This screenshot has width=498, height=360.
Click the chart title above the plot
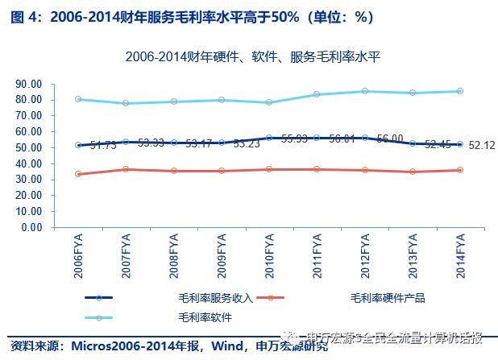coord(252,56)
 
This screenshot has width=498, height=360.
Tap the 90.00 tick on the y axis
coord(29,84)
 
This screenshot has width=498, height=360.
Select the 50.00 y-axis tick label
coord(29,147)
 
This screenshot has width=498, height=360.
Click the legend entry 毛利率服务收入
coord(216,297)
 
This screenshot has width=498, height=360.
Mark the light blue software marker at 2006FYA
coord(78,99)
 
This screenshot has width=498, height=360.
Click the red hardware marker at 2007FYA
coord(126,169)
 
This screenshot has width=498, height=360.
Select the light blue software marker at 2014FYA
coord(460,91)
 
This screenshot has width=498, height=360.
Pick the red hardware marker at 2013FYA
coord(413,172)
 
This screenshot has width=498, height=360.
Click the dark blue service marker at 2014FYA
coord(460,145)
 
